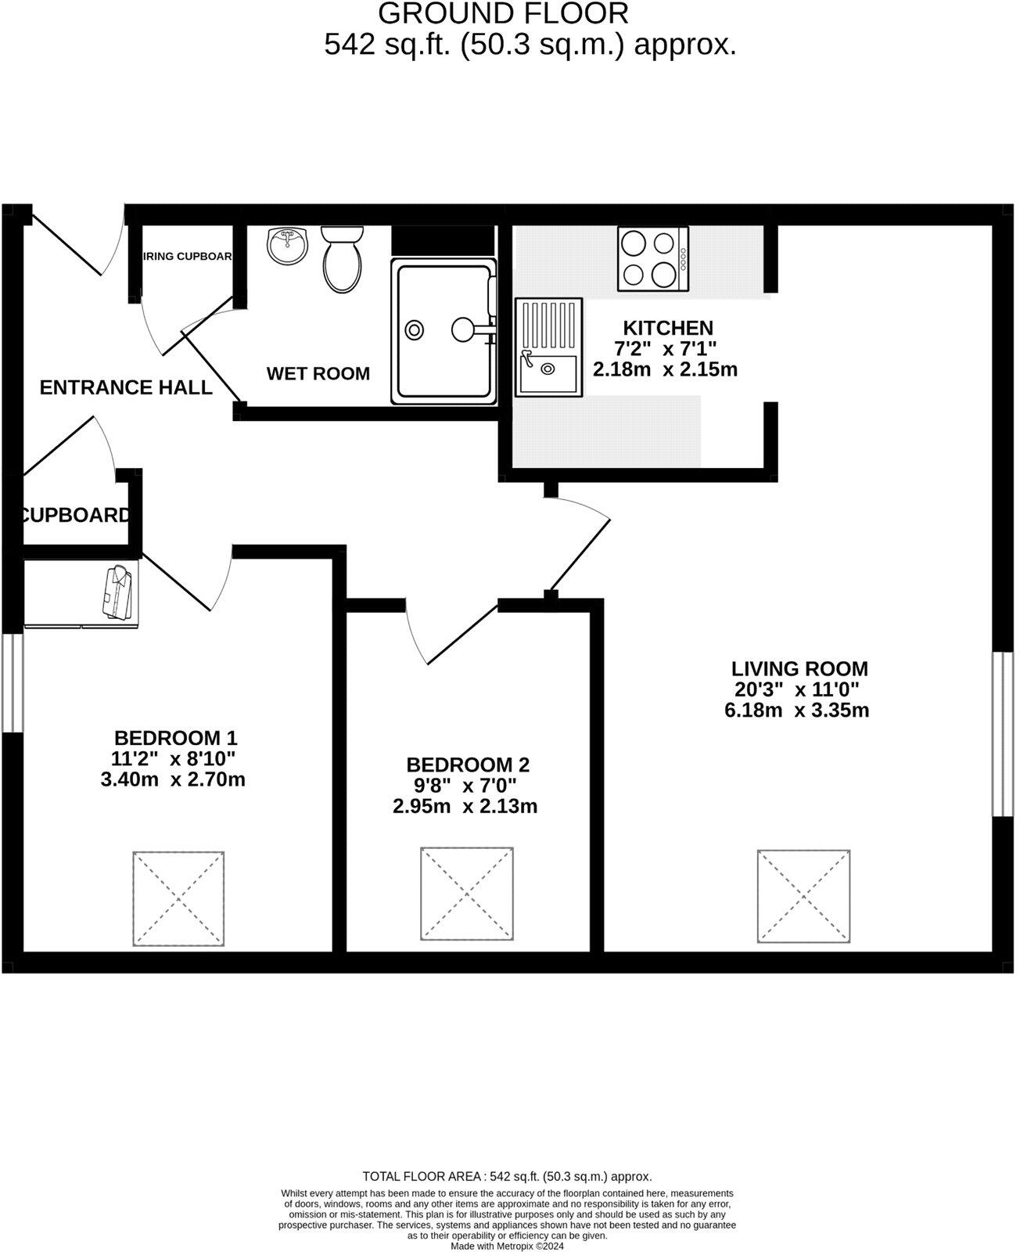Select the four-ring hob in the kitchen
pyautogui.click(x=652, y=259)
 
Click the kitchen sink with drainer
pyautogui.click(x=548, y=347)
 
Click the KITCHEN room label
pyautogui.click(x=667, y=328)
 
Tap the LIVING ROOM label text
pyautogui.click(x=799, y=669)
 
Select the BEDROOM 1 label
pyautogui.click(x=175, y=738)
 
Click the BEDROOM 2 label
pyautogui.click(x=468, y=765)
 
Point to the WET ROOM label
pyautogui.click(x=318, y=374)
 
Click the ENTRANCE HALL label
pyautogui.click(x=126, y=387)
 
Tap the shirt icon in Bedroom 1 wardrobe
pyautogui.click(x=118, y=592)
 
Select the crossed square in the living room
pyautogui.click(x=803, y=895)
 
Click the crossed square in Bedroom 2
pyautogui.click(x=467, y=894)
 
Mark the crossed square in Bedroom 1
pyautogui.click(x=179, y=898)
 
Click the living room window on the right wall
pyautogui.click(x=1002, y=733)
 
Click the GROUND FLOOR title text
pyautogui.click(x=503, y=13)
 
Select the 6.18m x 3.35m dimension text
pyautogui.click(x=796, y=711)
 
